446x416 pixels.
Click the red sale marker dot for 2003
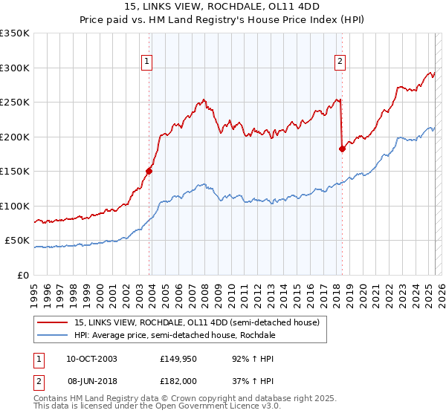click(149, 171)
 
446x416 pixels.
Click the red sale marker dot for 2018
click(342, 149)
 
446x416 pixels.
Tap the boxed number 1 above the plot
click(146, 62)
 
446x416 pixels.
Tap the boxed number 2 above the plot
click(340, 62)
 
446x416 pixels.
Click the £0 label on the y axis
click(22, 275)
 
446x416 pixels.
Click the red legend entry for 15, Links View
click(196, 322)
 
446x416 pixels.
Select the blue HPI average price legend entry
click(175, 335)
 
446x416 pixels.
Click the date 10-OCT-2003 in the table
click(91, 358)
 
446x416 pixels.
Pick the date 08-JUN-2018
click(91, 380)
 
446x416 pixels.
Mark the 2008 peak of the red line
click(203, 99)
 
